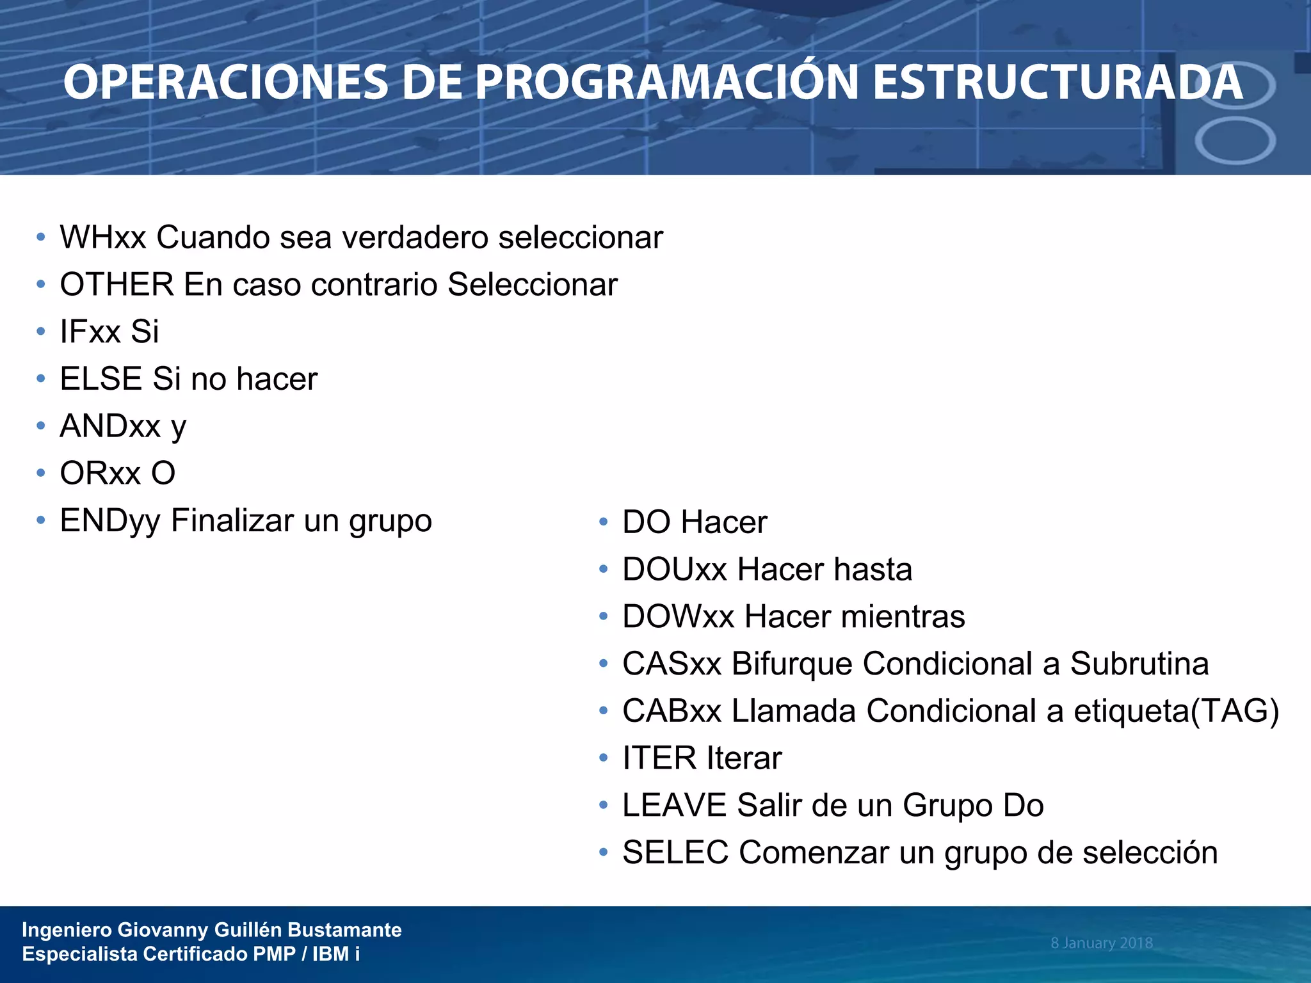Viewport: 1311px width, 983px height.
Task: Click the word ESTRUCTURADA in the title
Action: point(1058,83)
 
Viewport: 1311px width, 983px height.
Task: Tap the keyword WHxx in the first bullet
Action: point(102,237)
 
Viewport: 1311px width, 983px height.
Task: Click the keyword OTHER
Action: point(117,285)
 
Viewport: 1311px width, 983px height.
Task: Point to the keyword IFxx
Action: point(90,332)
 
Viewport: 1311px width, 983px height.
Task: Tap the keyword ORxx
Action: point(100,474)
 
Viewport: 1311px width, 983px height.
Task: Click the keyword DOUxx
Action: point(675,570)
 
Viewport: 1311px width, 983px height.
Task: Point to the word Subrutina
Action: point(1139,664)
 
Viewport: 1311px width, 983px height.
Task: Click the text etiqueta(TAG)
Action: point(1176,711)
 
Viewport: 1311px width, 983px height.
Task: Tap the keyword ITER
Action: point(659,758)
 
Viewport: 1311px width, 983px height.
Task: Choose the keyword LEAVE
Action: point(674,806)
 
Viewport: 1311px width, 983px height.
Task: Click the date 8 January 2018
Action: point(1101,943)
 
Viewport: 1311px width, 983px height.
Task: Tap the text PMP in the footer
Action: point(274,954)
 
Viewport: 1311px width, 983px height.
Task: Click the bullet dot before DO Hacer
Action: point(603,522)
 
